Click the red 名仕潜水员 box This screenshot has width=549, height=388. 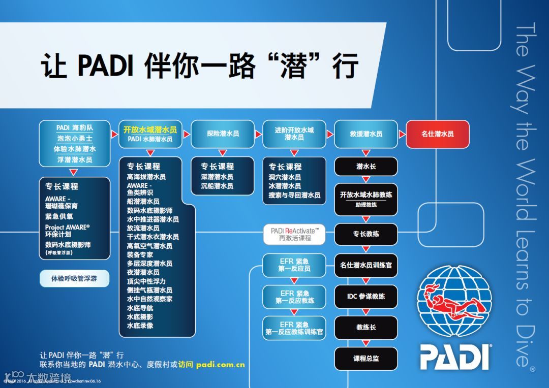[437, 134]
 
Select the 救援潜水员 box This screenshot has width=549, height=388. [365, 134]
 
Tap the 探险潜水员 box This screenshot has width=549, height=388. [222, 134]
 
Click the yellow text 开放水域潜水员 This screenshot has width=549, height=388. [150, 130]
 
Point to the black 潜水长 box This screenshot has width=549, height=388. [365, 166]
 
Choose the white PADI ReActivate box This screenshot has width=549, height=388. [294, 234]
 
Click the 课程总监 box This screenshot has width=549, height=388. [365, 359]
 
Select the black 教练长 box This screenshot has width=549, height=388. [365, 328]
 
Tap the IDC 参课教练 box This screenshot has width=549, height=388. [365, 297]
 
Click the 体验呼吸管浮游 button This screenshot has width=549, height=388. [74, 279]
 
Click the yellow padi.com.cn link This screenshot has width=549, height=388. [221, 364]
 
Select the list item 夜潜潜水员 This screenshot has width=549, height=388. [143, 272]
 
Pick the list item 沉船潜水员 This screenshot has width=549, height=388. [217, 186]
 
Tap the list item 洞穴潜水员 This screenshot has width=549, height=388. [285, 177]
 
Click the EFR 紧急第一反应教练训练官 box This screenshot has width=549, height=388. [294, 328]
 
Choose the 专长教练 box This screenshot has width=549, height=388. [365, 234]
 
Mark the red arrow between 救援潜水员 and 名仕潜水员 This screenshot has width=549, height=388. [401, 134]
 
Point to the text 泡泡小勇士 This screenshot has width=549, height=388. [75, 138]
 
